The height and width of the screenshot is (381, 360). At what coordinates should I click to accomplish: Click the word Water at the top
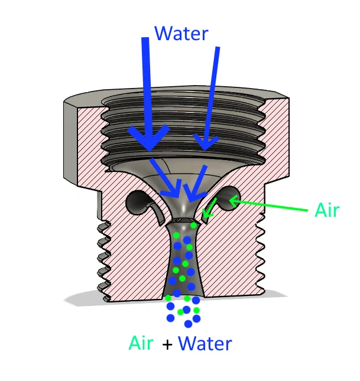click(181, 32)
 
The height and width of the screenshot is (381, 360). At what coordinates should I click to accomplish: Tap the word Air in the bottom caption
click(141, 343)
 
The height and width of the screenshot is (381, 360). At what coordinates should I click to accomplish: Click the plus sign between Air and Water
click(167, 344)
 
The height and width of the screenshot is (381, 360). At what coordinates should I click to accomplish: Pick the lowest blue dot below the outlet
click(188, 324)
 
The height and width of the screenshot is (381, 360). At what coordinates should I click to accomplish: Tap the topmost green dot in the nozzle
click(193, 225)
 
